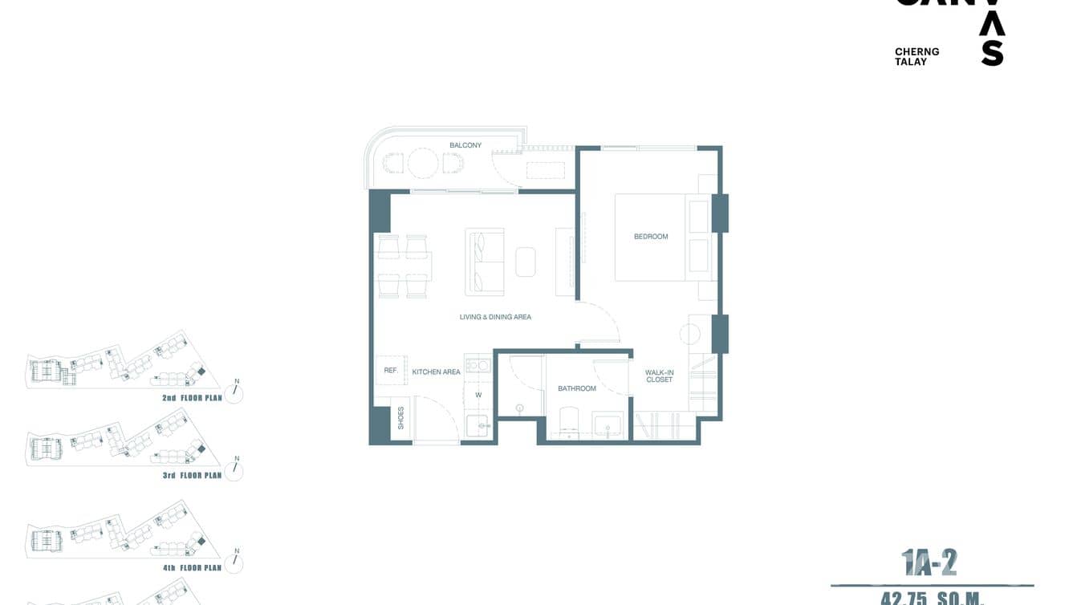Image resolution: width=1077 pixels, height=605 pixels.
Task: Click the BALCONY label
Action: [x=465, y=145]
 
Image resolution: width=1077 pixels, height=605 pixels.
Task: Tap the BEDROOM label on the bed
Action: [x=651, y=237]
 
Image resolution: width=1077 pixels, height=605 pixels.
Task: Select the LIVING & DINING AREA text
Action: [x=495, y=317]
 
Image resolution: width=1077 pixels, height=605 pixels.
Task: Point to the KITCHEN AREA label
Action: [x=436, y=372]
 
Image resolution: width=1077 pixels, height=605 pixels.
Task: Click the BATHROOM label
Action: [x=577, y=388]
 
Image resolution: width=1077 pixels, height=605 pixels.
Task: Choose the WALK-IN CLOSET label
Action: [x=659, y=376]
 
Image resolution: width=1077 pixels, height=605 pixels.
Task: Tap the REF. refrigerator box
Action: [x=391, y=371]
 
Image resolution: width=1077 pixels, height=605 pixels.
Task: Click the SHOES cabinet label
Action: [x=400, y=418]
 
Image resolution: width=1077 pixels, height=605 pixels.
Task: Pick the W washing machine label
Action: [x=478, y=395]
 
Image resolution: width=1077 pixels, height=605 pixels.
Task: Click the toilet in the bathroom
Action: [x=568, y=421]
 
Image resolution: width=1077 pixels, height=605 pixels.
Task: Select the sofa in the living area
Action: [x=484, y=262]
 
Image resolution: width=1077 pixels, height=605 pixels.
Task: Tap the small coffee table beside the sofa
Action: [x=526, y=262]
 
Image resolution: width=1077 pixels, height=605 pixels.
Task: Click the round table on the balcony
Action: [x=423, y=164]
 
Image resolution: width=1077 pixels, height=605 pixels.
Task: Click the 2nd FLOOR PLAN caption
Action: [x=192, y=398]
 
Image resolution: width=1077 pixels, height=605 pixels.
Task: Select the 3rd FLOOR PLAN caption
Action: [x=192, y=476]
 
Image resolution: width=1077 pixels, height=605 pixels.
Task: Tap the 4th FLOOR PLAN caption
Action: [x=192, y=568]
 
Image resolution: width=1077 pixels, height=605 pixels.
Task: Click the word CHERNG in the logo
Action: [x=916, y=51]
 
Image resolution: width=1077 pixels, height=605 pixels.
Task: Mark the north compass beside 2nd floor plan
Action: [x=234, y=392]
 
